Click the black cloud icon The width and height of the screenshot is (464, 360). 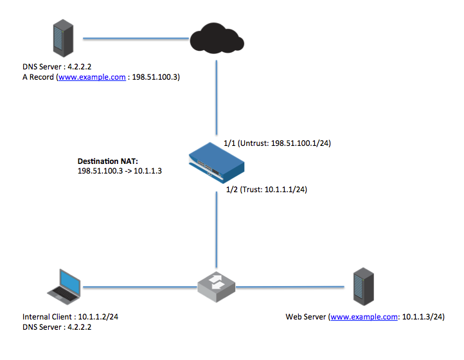(x=217, y=39)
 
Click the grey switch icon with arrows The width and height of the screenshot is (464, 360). (x=215, y=285)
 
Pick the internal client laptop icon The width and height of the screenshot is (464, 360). (x=65, y=286)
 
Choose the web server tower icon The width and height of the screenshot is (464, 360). (x=362, y=286)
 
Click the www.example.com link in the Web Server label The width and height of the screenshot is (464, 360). (x=362, y=317)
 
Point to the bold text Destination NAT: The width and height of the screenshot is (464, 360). (x=107, y=160)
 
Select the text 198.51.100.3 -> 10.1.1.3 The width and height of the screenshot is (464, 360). (x=119, y=170)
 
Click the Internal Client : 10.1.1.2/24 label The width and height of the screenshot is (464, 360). (x=70, y=317)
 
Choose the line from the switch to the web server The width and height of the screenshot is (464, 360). (x=289, y=285)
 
